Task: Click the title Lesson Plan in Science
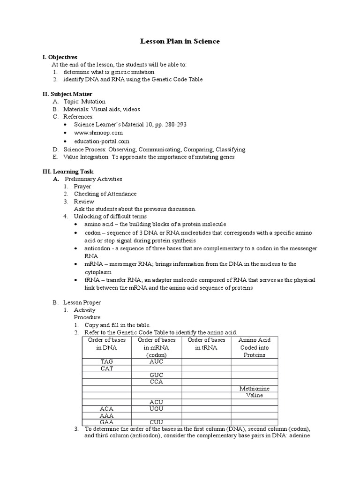(180, 42)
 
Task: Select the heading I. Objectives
(60, 57)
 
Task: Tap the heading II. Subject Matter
(67, 94)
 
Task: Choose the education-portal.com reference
(102, 141)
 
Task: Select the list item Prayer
(82, 187)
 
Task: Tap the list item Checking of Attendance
(105, 194)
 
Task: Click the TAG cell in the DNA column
(107, 362)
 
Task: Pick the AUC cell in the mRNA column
(156, 362)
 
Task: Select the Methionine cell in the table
(254, 389)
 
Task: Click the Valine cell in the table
(254, 395)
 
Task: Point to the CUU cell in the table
(156, 422)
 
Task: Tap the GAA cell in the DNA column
(107, 422)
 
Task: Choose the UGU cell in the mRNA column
(156, 409)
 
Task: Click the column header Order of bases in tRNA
(206, 344)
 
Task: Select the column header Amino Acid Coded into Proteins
(254, 347)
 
